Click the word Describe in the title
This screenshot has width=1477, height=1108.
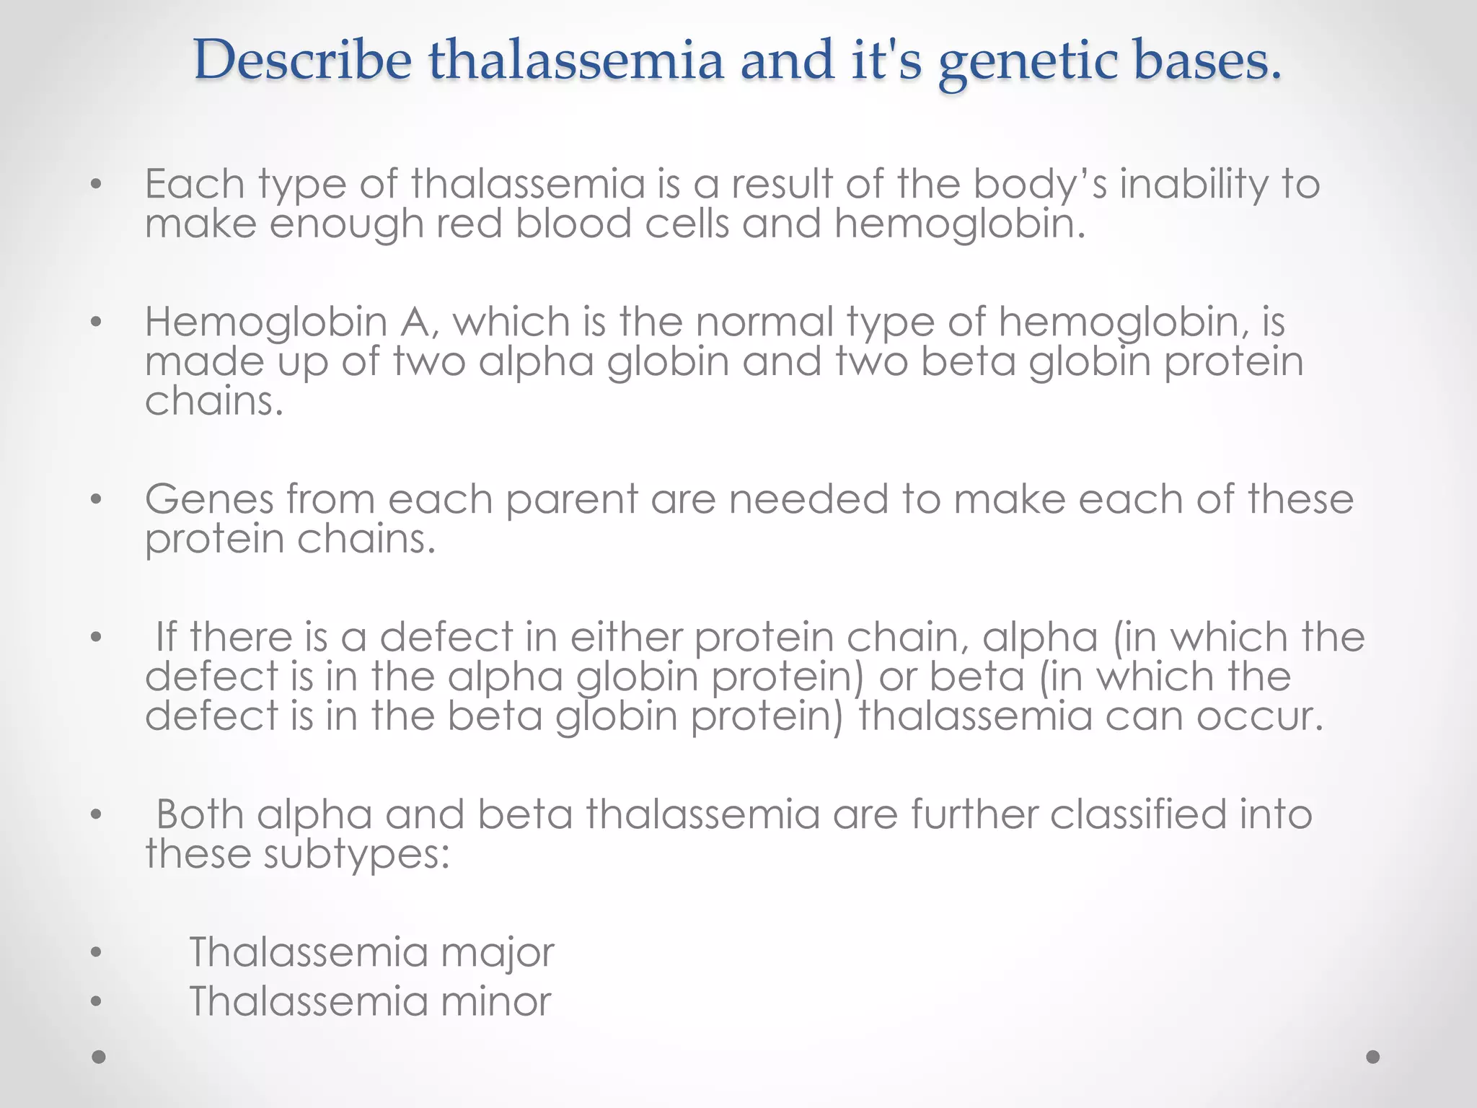click(x=302, y=61)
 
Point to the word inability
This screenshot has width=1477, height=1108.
click(x=1193, y=185)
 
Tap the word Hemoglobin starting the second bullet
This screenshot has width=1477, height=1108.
click(x=265, y=322)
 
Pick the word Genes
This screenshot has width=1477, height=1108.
click(x=209, y=498)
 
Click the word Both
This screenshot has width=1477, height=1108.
click(x=200, y=814)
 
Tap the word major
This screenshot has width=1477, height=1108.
click(x=497, y=953)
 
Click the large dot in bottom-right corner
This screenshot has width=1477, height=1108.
click(x=1373, y=1057)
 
